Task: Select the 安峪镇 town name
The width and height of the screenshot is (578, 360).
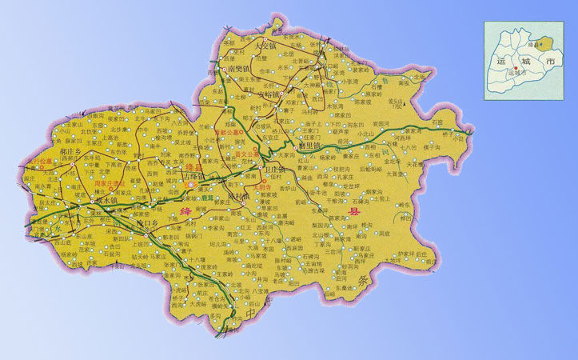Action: point(269,94)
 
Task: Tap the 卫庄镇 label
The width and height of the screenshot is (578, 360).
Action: point(276,170)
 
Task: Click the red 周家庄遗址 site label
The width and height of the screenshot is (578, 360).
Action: point(110,183)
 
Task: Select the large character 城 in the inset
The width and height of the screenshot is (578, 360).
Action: point(524,61)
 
